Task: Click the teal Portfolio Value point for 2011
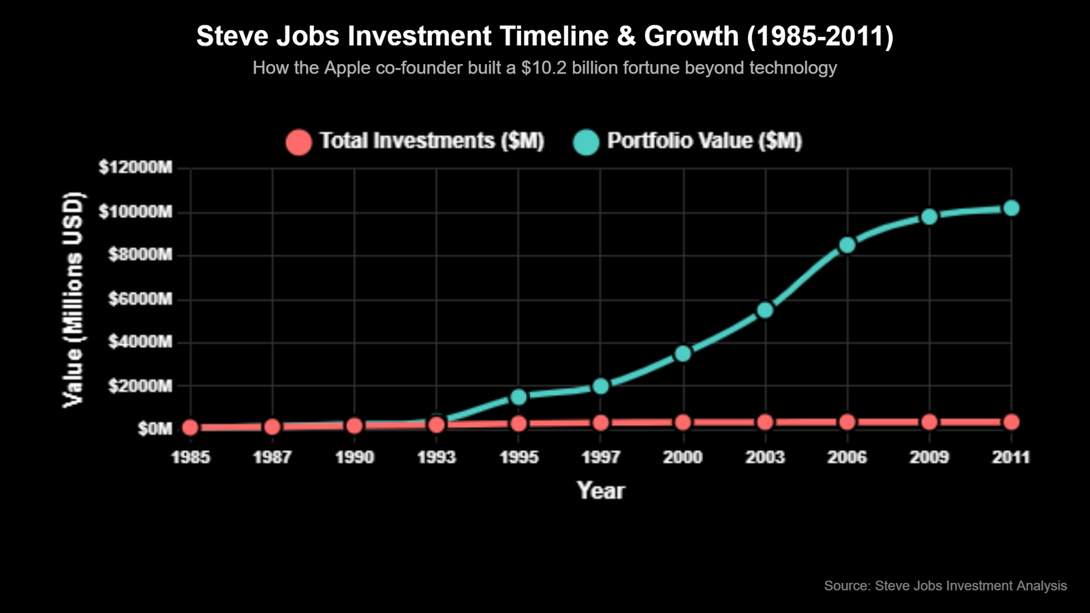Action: [1011, 208]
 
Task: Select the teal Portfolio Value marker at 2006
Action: [847, 245]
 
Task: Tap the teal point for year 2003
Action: [765, 310]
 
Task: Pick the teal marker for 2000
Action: [683, 353]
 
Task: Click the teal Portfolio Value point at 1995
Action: [518, 396]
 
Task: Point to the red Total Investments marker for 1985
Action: [191, 428]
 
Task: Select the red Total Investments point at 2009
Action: [929, 422]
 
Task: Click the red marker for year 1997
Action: [600, 423]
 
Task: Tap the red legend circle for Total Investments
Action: [298, 142]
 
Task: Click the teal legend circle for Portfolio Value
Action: [586, 142]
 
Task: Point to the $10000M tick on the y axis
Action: [136, 212]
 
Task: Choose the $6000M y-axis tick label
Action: [140, 298]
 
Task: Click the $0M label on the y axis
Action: [155, 428]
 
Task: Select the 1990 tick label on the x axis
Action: [354, 457]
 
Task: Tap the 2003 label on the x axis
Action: [765, 457]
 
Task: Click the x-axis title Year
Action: [600, 490]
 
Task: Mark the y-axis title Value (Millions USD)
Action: [72, 300]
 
